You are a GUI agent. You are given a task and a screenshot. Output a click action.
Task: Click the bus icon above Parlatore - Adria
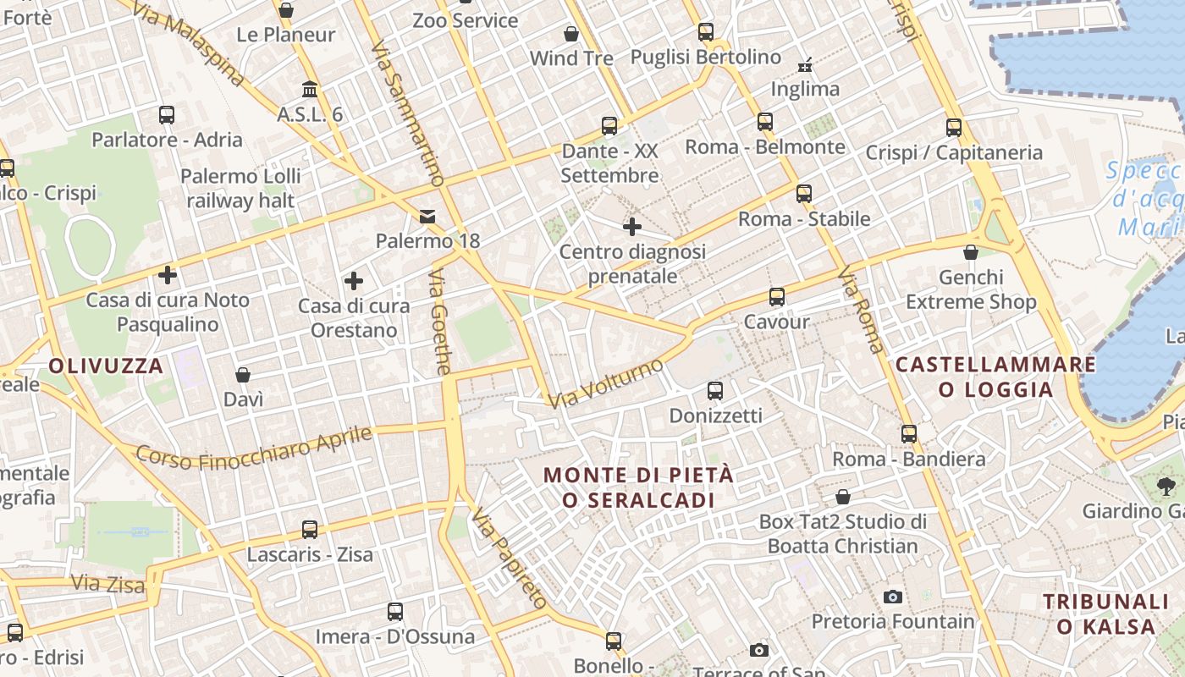pos(167,114)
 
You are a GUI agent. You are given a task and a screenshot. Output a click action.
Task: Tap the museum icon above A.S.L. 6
pos(310,89)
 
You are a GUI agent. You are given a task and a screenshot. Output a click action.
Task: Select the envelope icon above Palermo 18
pos(427,217)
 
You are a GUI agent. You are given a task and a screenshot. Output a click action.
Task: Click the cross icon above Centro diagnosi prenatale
pos(631,227)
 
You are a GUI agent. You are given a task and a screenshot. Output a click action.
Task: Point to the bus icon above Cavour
pos(777,297)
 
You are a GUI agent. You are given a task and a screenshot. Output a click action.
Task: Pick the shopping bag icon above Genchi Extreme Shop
pos(971,252)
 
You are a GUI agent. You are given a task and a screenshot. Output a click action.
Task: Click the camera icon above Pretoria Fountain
pos(892,597)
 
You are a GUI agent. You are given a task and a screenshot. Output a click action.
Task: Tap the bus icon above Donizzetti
pos(715,390)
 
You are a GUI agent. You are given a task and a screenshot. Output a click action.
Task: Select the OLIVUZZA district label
pos(106,366)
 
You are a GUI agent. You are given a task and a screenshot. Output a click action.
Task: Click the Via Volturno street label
pos(605,383)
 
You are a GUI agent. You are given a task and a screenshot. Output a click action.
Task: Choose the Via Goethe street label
pos(440,322)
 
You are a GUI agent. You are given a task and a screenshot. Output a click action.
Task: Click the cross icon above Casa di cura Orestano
pos(354,280)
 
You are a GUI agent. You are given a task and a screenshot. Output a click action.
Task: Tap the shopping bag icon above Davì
pos(243,374)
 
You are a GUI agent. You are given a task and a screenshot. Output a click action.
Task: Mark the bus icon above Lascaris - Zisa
pos(310,530)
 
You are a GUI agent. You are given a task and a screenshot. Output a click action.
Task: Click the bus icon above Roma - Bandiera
pos(909,434)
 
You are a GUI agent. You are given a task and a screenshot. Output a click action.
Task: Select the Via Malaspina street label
pos(189,42)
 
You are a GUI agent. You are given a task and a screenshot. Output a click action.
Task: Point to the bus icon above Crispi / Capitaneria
pos(954,128)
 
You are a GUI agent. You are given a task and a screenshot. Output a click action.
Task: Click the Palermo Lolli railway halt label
pos(240,188)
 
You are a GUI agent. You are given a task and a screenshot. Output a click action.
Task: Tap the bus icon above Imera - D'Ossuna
pos(395,611)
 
